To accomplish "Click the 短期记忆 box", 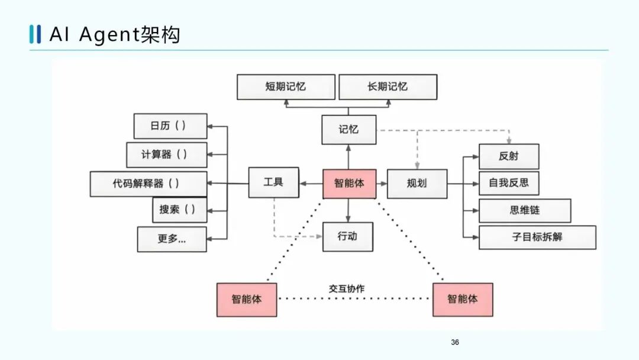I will pyautogui.click(x=286, y=86).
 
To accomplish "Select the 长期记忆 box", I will pyautogui.click(x=388, y=86).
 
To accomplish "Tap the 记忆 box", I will pyautogui.click(x=348, y=130).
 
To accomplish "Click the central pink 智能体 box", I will pyautogui.click(x=349, y=184).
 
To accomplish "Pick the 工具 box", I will pyautogui.click(x=273, y=182).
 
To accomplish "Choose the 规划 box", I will pyautogui.click(x=417, y=184).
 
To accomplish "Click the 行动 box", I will pyautogui.click(x=348, y=236).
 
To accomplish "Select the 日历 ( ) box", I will pyautogui.click(x=170, y=126).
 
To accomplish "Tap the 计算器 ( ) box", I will pyautogui.click(x=166, y=155).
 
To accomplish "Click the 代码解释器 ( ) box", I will pyautogui.click(x=149, y=184).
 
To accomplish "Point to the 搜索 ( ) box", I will pyautogui.click(x=179, y=210).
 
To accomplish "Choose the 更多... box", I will pyautogui.click(x=172, y=239).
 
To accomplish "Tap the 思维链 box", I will pyautogui.click(x=524, y=210).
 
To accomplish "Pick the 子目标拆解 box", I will pyautogui.click(x=537, y=237).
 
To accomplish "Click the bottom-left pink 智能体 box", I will pyautogui.click(x=246, y=299).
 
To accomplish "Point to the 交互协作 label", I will pyautogui.click(x=347, y=289).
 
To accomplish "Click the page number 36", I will pyautogui.click(x=455, y=342).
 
